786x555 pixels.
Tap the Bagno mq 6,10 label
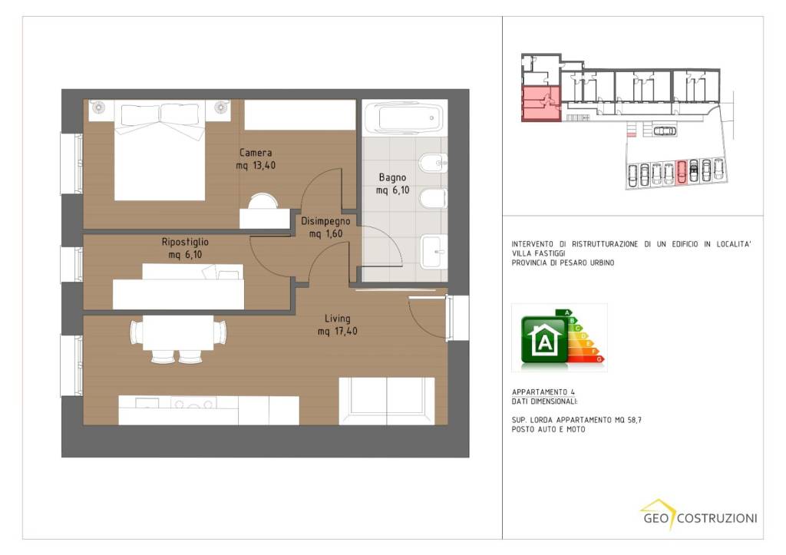(392, 183)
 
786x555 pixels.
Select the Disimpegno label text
(325, 221)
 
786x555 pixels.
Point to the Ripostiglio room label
(185, 242)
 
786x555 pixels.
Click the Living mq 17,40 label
(338, 325)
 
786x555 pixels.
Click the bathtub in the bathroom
(404, 118)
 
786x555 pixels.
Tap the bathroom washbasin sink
(433, 252)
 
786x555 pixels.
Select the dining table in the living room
(178, 332)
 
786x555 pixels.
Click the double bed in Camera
(160, 150)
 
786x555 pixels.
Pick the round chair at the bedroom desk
(263, 201)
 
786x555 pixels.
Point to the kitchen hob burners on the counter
(193, 402)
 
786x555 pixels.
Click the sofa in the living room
(387, 401)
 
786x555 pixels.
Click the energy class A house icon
(545, 339)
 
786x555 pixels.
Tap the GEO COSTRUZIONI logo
(700, 515)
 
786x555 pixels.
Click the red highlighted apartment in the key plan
(541, 104)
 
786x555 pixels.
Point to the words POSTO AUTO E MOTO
(548, 430)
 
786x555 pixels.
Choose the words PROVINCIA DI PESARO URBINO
(563, 263)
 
